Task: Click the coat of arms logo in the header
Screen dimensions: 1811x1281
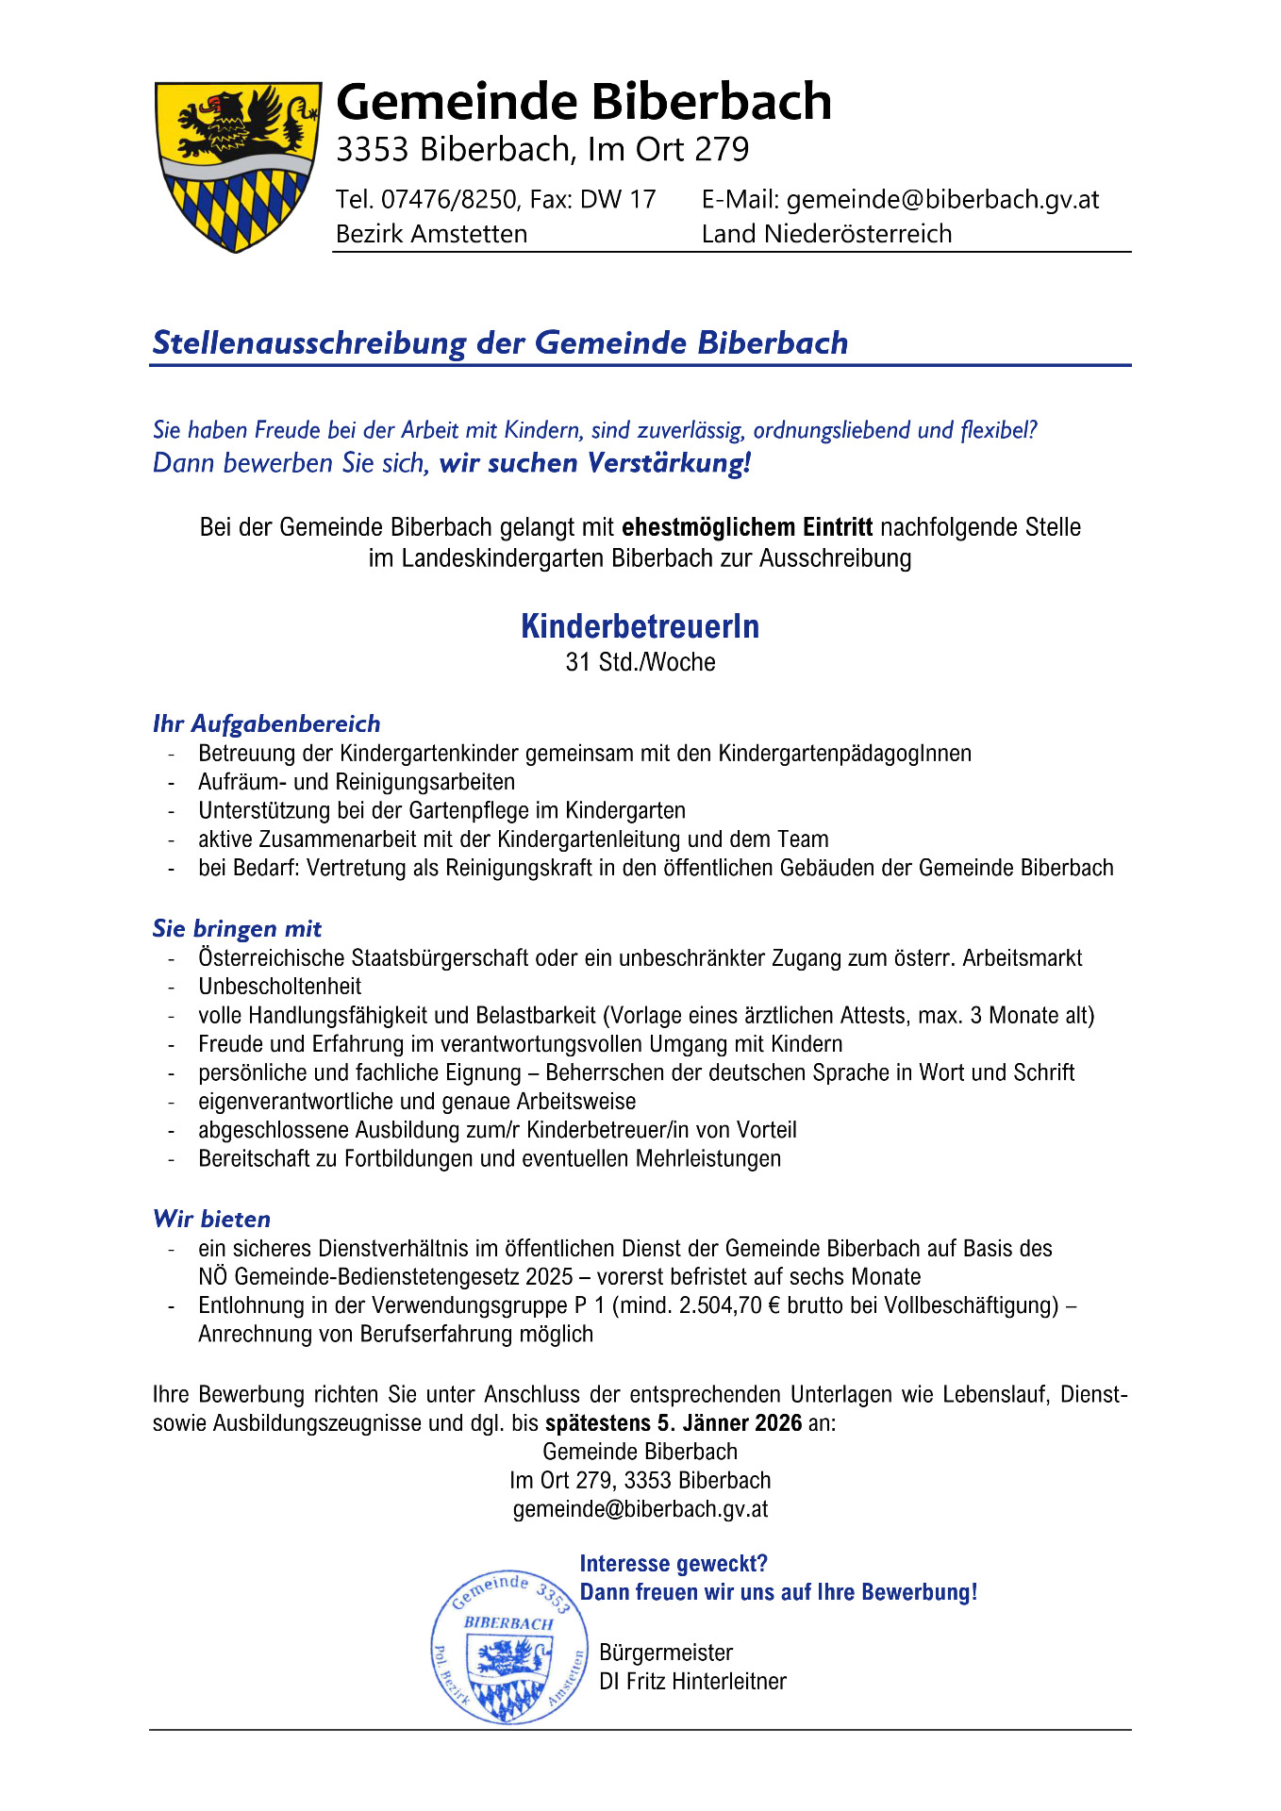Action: tap(236, 166)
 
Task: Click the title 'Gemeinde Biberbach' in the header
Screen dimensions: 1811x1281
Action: tap(583, 102)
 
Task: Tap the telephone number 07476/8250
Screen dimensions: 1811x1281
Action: tap(449, 199)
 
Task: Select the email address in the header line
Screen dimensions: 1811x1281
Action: tap(942, 199)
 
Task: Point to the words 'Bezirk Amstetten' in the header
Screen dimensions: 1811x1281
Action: tap(431, 233)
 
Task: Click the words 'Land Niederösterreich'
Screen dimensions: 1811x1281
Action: tap(826, 233)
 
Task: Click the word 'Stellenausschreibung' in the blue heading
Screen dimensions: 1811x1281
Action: tap(309, 342)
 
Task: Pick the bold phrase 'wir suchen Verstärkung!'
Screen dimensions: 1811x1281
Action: tap(595, 463)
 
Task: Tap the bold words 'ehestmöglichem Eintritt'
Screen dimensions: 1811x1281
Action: tap(747, 526)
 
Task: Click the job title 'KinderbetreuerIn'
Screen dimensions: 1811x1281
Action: tap(640, 626)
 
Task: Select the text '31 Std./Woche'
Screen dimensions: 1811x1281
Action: tap(640, 662)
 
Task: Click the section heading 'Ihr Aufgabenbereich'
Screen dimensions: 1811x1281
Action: tap(266, 723)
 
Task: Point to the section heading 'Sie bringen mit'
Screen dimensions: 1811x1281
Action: tap(237, 928)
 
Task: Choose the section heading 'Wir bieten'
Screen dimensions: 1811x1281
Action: tap(211, 1219)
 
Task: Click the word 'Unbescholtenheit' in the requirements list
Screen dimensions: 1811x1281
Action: tap(279, 987)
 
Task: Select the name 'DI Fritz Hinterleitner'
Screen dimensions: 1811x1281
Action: tap(692, 1681)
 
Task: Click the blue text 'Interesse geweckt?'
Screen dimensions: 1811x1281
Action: tap(674, 1564)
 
